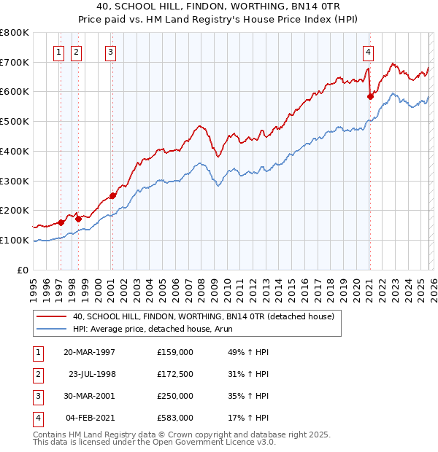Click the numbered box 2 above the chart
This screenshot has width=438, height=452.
[x=77, y=52]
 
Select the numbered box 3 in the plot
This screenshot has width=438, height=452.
[x=110, y=52]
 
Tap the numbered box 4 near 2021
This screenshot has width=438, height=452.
[x=368, y=52]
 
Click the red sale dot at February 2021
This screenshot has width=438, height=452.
[x=370, y=96]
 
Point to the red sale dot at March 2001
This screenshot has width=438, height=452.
[x=112, y=195]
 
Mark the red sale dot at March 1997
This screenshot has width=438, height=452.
[x=61, y=222]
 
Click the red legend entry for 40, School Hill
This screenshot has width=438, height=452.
[x=203, y=316]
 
